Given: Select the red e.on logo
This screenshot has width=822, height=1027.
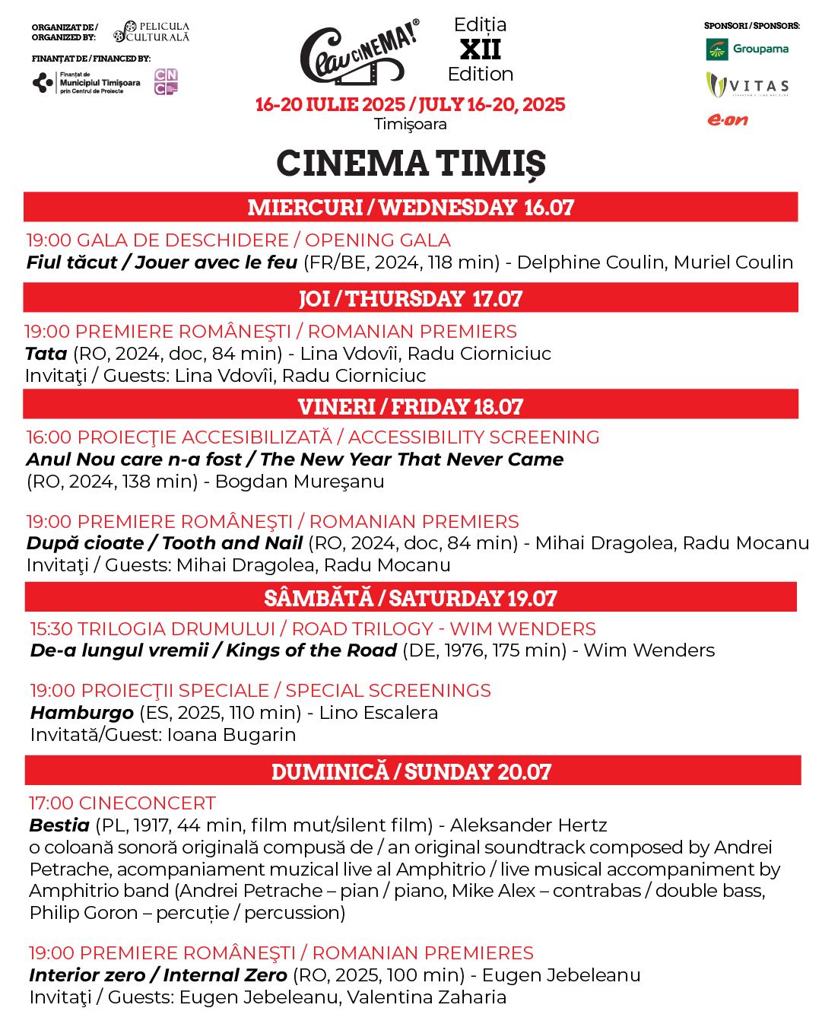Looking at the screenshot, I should tap(728, 119).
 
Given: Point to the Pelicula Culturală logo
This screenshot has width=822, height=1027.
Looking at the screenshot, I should tap(151, 31).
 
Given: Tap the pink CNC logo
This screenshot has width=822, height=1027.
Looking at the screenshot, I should tap(166, 81).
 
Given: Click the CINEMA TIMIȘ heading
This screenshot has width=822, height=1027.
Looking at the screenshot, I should tap(411, 163).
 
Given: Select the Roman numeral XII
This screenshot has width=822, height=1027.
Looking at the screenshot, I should tap(480, 49).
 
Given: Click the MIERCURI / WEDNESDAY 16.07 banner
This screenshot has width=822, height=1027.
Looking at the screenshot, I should tap(411, 207).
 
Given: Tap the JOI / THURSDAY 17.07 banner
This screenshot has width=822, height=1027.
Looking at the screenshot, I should tap(411, 298).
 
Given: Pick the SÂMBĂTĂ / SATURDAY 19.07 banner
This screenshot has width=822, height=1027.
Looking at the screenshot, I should tap(411, 598).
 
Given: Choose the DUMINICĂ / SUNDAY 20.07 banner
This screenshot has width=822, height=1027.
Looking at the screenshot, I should tap(411, 771).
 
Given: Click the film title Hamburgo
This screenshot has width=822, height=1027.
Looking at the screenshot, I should tap(82, 713).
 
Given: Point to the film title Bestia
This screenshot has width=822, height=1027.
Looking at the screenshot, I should tap(59, 825).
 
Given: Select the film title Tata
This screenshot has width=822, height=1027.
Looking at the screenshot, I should tap(46, 354).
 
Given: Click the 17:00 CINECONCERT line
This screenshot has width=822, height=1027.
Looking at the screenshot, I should tap(122, 803).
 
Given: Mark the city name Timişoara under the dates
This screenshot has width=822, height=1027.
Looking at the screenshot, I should tap(411, 124).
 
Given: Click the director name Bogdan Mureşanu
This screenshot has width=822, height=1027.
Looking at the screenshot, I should tap(300, 482).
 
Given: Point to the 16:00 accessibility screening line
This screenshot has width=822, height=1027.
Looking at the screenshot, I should tap(313, 437).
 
